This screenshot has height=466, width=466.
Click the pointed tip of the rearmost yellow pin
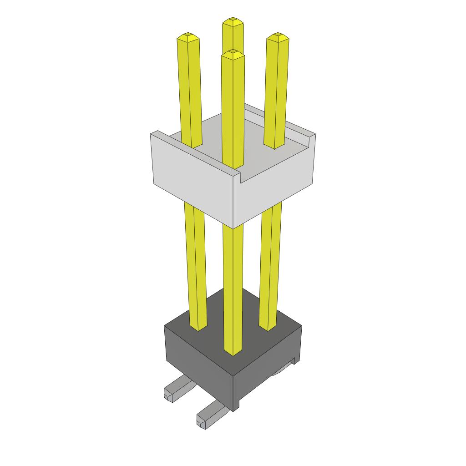pyautogui.click(x=233, y=20)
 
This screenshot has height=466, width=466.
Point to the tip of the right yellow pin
pyautogui.click(x=277, y=36)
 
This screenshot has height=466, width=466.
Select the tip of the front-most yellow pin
pyautogui.click(x=233, y=53)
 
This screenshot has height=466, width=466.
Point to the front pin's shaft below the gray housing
pyautogui.click(x=233, y=282)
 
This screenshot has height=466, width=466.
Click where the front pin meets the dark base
pyautogui.click(x=233, y=352)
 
